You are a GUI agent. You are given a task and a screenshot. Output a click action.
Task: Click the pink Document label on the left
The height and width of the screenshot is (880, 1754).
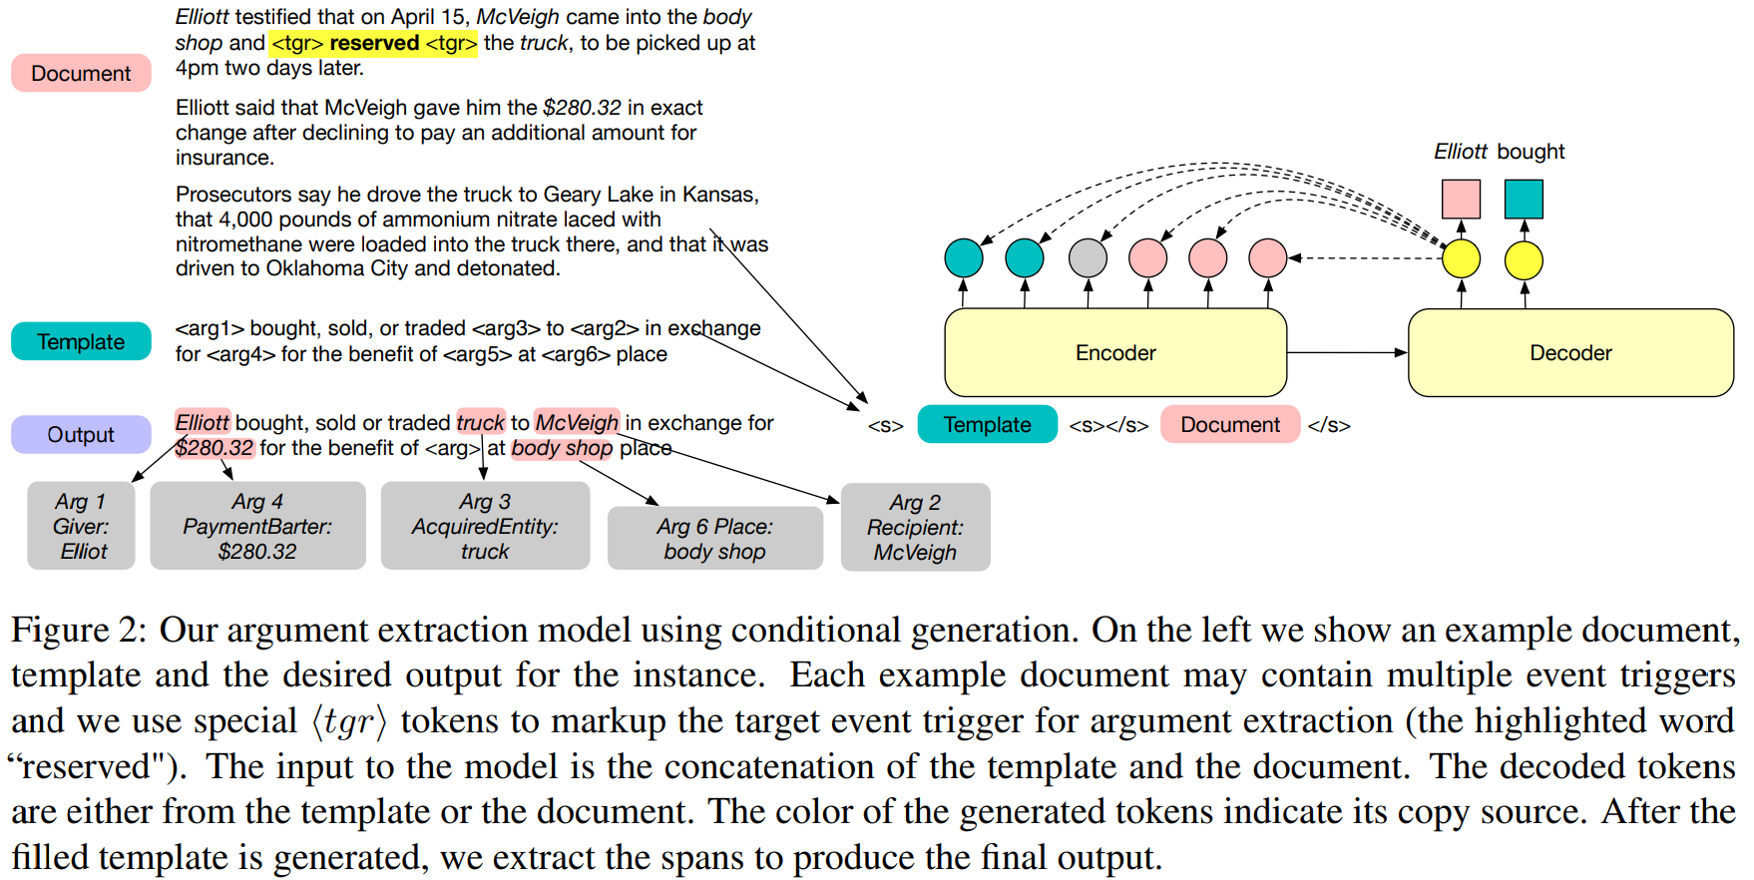click(81, 73)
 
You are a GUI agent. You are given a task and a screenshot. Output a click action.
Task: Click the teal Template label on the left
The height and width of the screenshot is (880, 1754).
click(81, 341)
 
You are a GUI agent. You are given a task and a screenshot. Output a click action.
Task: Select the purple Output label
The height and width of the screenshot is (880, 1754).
click(81, 434)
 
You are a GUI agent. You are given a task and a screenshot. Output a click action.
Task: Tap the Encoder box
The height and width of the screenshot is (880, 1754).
click(1114, 352)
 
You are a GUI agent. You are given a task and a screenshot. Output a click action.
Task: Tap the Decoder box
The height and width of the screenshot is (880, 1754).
click(1569, 352)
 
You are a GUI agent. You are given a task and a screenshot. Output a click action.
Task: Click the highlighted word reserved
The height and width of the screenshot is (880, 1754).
click(374, 43)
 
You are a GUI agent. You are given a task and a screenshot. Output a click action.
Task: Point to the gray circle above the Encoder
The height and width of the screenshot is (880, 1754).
click(1088, 257)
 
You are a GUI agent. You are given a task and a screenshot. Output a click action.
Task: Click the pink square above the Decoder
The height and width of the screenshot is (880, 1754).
click(1461, 199)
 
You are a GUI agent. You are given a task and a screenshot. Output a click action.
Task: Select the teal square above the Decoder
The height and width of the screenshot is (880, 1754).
click(1524, 199)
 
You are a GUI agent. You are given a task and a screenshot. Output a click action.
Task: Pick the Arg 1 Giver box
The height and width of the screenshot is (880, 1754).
click(81, 526)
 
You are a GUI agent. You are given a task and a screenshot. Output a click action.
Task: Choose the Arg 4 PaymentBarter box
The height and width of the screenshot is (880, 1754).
click(257, 526)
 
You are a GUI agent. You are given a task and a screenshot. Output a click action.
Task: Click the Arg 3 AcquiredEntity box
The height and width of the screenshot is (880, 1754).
click(485, 526)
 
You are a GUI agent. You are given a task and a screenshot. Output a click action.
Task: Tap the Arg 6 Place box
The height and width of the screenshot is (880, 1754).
click(714, 538)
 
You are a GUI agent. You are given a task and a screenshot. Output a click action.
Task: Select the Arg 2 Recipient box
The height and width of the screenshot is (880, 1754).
click(915, 527)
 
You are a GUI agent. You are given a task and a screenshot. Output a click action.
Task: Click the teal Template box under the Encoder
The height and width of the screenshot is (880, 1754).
click(987, 424)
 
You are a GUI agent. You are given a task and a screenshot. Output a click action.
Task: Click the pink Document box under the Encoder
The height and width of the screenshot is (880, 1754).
click(1229, 424)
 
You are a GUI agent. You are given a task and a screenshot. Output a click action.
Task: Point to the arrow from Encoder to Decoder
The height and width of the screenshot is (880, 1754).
click(1347, 352)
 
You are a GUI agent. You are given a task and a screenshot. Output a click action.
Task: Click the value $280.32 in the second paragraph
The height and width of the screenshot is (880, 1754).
click(582, 108)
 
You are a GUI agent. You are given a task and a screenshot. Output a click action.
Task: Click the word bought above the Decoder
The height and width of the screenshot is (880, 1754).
click(1531, 152)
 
